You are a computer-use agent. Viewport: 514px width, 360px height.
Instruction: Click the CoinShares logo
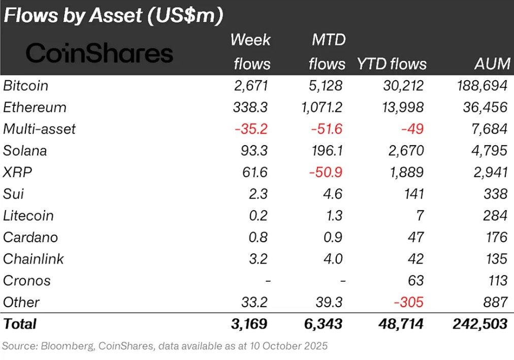(100, 53)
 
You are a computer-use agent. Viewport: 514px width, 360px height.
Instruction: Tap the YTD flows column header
(391, 64)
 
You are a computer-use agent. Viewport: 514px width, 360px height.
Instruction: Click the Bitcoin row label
(26, 86)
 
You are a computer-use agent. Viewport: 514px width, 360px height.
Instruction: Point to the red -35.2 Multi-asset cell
(251, 129)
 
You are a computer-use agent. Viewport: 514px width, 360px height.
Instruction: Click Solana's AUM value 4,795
(489, 151)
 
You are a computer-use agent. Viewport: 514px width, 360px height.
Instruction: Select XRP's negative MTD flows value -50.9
(326, 173)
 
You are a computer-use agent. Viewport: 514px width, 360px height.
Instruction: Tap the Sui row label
(13, 194)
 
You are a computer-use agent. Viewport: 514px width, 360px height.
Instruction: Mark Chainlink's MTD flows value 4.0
(333, 259)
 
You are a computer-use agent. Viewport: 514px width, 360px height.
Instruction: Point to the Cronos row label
(27, 280)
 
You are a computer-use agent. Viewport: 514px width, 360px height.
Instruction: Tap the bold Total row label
(20, 324)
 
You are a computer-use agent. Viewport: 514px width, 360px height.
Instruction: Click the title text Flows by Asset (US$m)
(113, 16)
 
